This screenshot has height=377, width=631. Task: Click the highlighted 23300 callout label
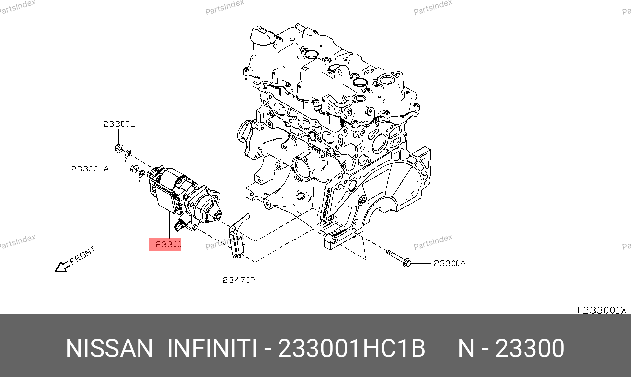coord(165,244)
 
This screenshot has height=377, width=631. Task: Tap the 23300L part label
coord(119,124)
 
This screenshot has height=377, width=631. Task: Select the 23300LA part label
coord(90,169)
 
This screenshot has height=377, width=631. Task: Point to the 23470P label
coord(239,280)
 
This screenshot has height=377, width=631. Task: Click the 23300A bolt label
coord(450,263)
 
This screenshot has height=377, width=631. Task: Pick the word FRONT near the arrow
coord(82,255)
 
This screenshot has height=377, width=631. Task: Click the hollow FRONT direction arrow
coord(62,266)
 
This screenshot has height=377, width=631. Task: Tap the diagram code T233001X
coord(600,310)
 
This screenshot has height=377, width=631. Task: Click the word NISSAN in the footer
coord(109,348)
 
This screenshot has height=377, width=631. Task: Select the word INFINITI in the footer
coord(212,348)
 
